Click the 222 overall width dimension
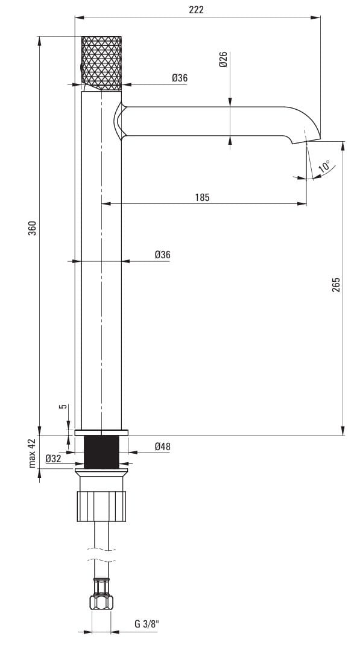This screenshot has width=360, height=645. point(196,10)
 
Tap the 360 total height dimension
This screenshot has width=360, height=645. point(32,228)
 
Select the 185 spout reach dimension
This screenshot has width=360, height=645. point(202,197)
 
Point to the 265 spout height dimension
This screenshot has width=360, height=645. point(336,285)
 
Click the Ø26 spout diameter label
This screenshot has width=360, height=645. point(224,60)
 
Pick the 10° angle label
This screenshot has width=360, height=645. point(324,167)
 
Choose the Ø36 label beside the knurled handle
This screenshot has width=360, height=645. point(180,78)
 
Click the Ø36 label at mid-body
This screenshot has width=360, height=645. point(162,255)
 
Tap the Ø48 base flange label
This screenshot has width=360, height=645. point(162,446)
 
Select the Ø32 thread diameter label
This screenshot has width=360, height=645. point(53,458)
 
